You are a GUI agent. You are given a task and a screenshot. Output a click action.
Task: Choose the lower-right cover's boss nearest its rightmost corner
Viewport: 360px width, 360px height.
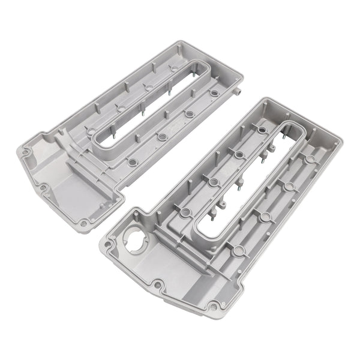pyautogui.click(x=310, y=159)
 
